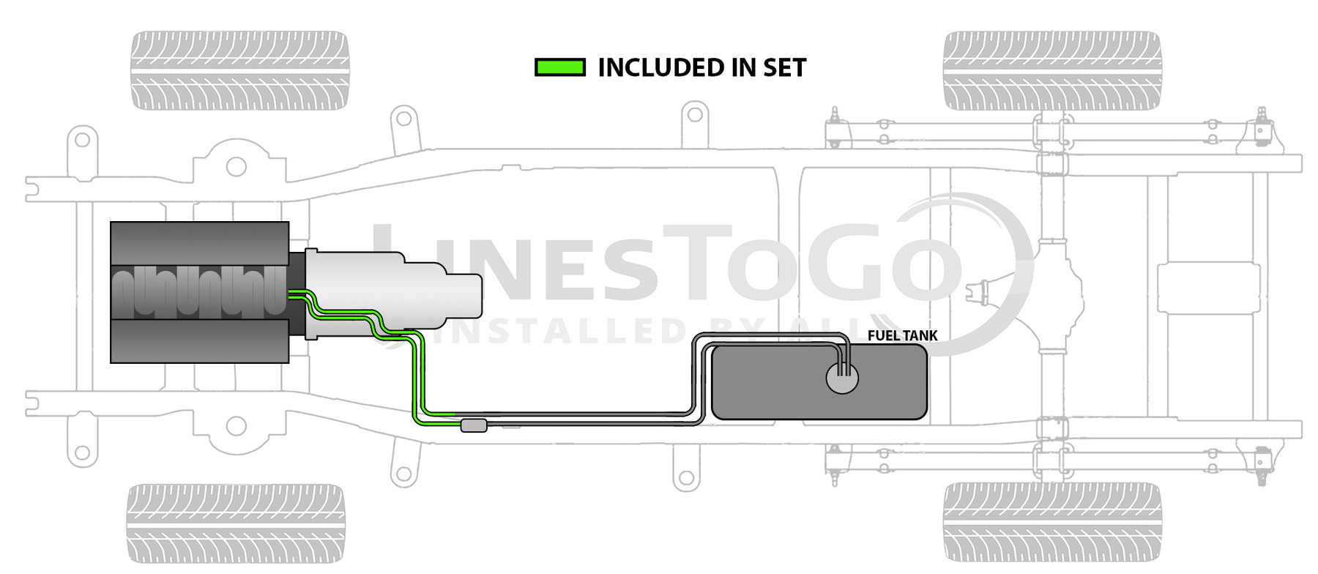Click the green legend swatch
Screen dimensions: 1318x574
(x=560, y=68)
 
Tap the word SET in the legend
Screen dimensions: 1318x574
(x=784, y=68)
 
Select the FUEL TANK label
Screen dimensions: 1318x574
(x=902, y=335)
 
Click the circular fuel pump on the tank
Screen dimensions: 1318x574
(x=842, y=378)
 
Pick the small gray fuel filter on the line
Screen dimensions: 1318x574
(x=474, y=425)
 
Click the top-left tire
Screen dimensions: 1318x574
(x=239, y=70)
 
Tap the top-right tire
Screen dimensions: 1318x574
(x=1052, y=70)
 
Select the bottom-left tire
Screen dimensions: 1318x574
(x=236, y=523)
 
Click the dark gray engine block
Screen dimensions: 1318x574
(x=200, y=292)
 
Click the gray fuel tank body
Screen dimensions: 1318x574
(x=819, y=381)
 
